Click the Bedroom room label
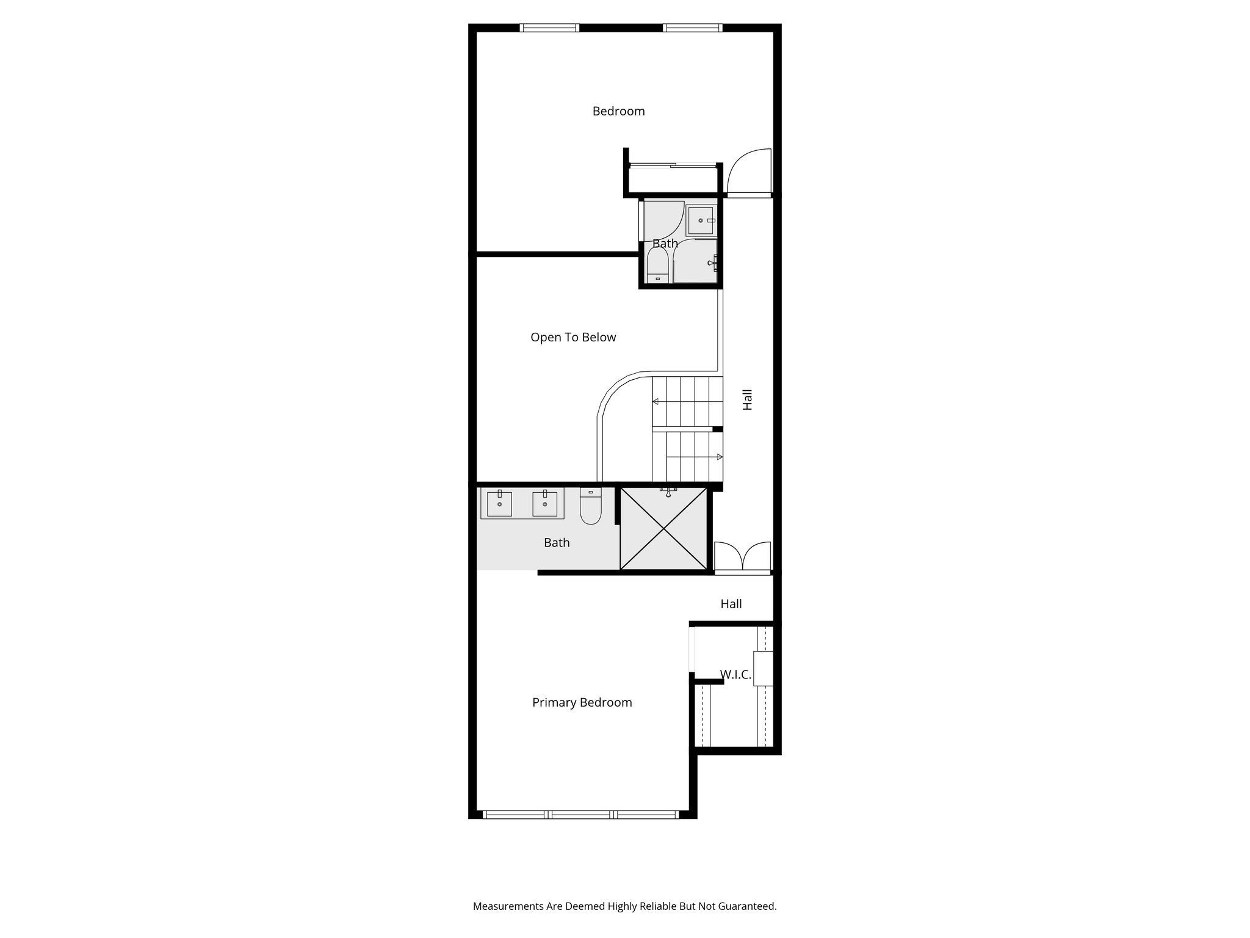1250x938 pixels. [x=618, y=111]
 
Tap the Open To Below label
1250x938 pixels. [x=573, y=337]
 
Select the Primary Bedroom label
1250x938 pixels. [x=582, y=702]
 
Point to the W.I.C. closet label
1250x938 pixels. [x=735, y=675]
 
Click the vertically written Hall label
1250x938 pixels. [x=748, y=399]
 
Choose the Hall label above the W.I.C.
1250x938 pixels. [x=731, y=604]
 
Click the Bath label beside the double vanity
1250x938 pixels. [x=557, y=542]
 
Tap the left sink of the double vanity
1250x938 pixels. [x=499, y=504]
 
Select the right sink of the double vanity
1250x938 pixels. [x=544, y=504]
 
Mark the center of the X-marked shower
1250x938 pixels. [x=663, y=529]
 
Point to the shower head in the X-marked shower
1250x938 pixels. [x=668, y=491]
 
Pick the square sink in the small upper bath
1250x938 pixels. [x=701, y=220]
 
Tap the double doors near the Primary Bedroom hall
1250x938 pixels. [x=742, y=557]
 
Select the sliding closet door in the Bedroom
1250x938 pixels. [x=671, y=165]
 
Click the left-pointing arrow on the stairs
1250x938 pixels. [x=656, y=401]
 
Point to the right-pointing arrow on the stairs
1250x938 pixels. [x=719, y=457]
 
